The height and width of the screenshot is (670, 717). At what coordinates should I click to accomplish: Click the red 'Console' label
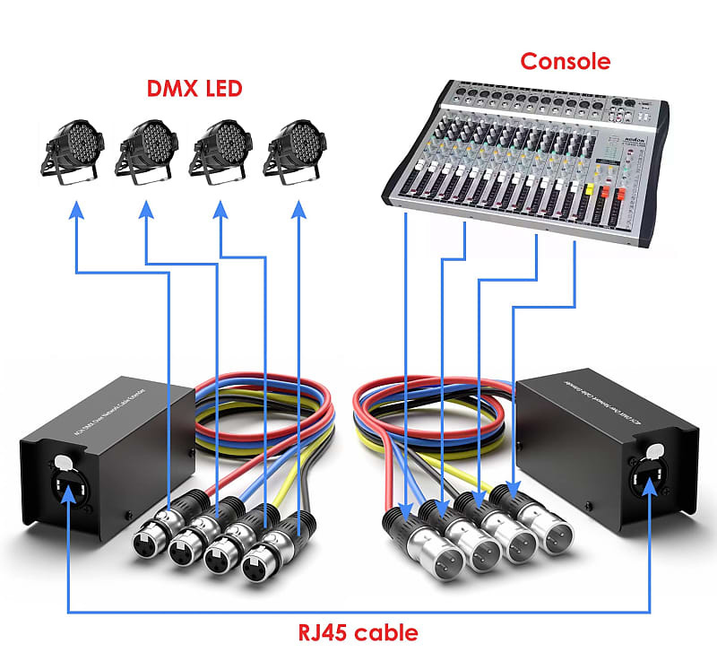(566, 61)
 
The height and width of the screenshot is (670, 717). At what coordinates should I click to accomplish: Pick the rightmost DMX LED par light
(295, 150)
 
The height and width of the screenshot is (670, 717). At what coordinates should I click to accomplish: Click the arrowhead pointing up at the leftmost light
(76, 209)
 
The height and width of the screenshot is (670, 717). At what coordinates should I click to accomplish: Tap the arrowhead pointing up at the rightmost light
(298, 209)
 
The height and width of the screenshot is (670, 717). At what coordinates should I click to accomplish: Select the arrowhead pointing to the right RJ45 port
(649, 491)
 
